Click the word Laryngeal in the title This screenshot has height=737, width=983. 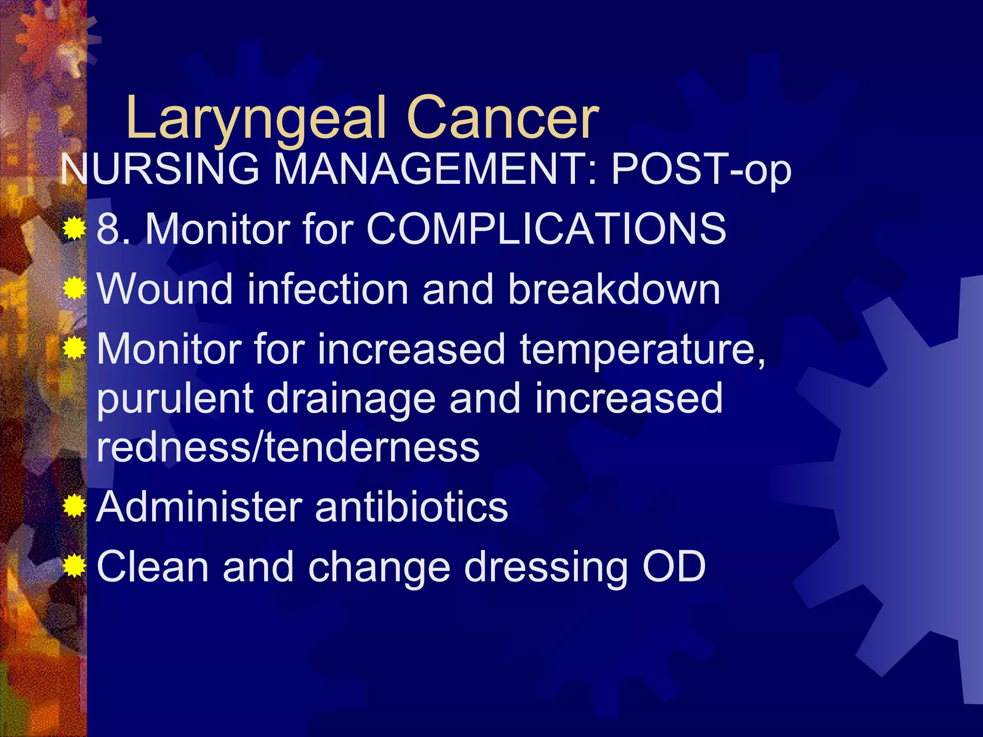click(256, 120)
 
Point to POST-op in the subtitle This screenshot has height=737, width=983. click(701, 170)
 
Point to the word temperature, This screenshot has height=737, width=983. click(643, 350)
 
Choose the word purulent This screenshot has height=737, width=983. click(175, 399)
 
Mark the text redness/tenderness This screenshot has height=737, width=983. click(288, 447)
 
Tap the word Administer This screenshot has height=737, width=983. click(200, 507)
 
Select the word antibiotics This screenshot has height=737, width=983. click(411, 507)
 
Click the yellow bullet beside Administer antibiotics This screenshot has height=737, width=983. click(74, 506)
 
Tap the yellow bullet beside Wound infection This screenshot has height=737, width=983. click(74, 288)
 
